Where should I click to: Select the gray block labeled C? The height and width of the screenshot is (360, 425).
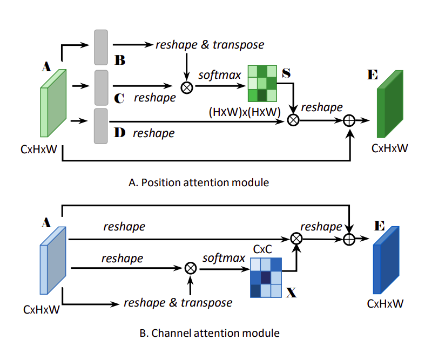coord(101,87)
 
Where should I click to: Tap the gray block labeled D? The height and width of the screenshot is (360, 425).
coord(101,126)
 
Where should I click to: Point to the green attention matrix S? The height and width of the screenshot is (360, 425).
coord(262,84)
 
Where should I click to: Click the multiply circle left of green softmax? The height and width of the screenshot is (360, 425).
coord(187,87)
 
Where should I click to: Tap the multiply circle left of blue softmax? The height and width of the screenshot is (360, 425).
coord(190,267)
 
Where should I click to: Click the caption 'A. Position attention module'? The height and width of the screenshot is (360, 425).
coord(199,182)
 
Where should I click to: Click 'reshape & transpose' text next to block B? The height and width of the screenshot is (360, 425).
coord(210,44)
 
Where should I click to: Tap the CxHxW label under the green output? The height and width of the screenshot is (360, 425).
coord(389,148)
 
